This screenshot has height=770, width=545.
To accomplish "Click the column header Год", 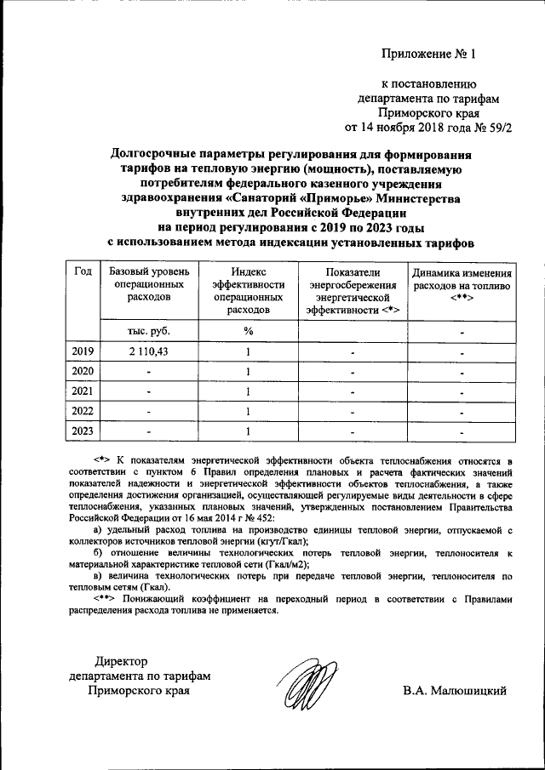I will pyautogui.click(x=83, y=272).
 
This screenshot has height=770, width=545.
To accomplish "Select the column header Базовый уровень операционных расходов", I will pyautogui.click(x=148, y=285).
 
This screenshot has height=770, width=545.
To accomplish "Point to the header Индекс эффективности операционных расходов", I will pyautogui.click(x=248, y=291).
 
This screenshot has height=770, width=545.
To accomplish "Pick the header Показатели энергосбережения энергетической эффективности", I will pyautogui.click(x=351, y=291).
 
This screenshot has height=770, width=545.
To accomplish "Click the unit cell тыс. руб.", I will pyautogui.click(x=148, y=331).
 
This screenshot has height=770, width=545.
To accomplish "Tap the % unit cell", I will pyautogui.click(x=248, y=331).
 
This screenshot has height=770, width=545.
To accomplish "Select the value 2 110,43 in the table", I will pyautogui.click(x=148, y=351).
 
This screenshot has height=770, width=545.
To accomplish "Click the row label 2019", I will pyautogui.click(x=83, y=351).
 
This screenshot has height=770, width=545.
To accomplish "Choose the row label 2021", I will pyautogui.click(x=83, y=391).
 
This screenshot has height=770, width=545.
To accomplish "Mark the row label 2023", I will pyautogui.click(x=83, y=431).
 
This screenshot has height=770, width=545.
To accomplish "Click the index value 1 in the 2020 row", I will pyautogui.click(x=248, y=372).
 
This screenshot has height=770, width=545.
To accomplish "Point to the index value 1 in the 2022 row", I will pyautogui.click(x=248, y=412).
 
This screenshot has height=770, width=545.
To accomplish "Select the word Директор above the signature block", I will pyautogui.click(x=121, y=660).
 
